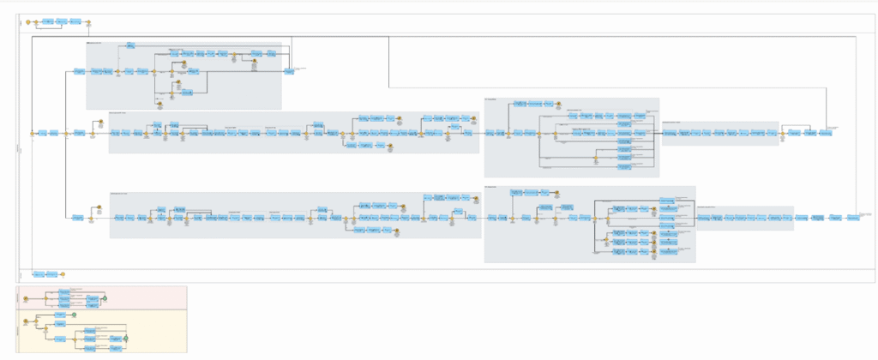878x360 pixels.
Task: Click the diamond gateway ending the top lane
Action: coord(88,21)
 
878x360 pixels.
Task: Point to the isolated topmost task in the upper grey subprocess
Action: coord(130,45)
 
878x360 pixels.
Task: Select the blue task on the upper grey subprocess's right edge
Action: coord(290,72)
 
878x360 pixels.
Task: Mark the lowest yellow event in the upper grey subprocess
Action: coord(159,104)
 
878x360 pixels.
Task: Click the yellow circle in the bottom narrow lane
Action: coord(63,274)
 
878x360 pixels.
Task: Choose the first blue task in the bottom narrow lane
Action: coord(39,274)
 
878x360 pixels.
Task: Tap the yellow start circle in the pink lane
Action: coord(27,297)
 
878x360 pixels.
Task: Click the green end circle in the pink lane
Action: coord(104,297)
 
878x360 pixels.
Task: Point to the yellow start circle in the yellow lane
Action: coord(26,321)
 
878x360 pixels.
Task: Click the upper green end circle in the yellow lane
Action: coord(75,315)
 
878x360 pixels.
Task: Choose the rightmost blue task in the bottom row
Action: coord(852,218)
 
